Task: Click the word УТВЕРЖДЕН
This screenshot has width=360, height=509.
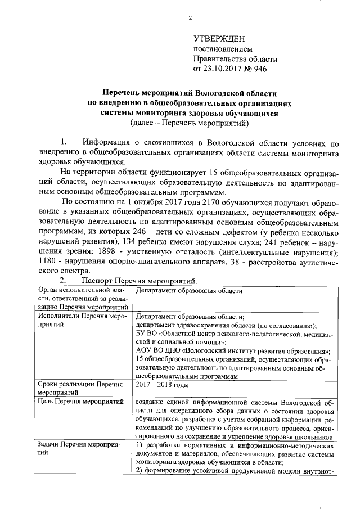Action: point(219,39)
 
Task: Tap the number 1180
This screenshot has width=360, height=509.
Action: point(48,264)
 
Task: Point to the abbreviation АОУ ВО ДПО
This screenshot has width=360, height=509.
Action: point(159,350)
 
